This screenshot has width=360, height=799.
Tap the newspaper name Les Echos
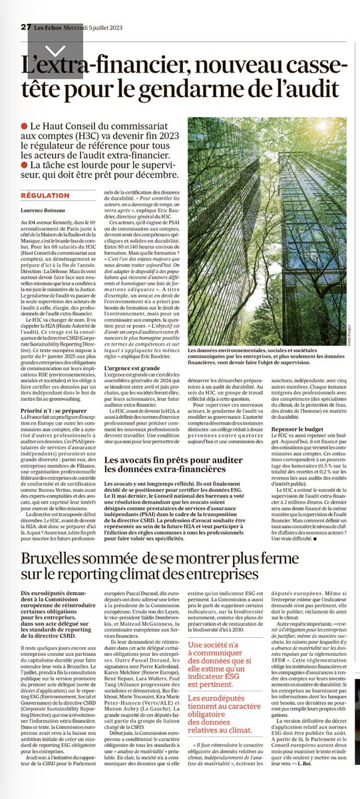(48, 8)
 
